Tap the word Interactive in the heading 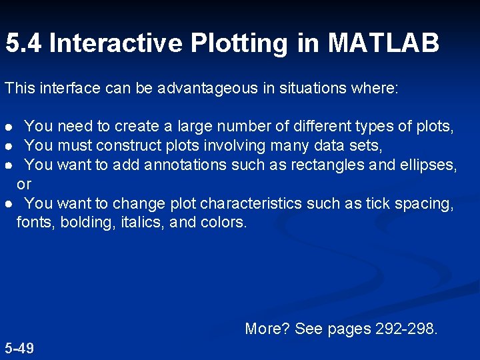click(x=115, y=44)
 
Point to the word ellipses click(x=427, y=165)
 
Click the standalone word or click(x=24, y=183)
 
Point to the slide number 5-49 click(x=19, y=348)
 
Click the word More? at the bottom click(x=267, y=328)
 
